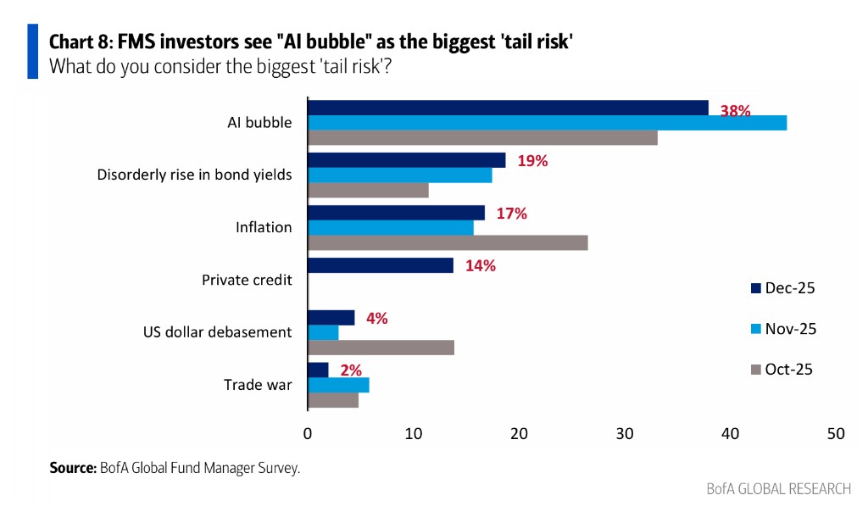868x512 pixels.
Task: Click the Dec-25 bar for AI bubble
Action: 507,108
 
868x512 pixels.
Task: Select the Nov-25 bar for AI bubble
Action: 547,123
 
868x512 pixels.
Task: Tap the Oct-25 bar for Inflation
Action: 447,242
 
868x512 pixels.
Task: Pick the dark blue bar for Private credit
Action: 380,265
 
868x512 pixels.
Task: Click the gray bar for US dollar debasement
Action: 381,348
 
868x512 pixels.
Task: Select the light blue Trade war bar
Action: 338,386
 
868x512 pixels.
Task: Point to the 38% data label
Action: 735,110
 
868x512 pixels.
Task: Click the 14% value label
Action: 480,265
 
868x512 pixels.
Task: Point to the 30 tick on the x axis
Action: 625,433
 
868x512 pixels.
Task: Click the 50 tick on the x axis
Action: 836,433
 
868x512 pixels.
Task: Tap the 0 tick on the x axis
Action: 308,433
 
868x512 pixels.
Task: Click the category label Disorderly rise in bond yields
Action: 194,175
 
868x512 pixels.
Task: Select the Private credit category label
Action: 247,280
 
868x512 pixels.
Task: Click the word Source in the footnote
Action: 72,467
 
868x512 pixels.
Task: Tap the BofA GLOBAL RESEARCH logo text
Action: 778,489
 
